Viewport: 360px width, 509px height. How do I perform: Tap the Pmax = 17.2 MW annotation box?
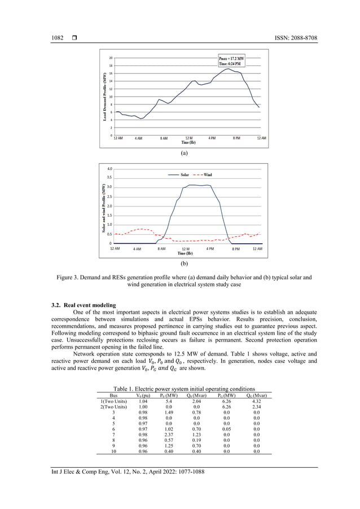pyautogui.click(x=231, y=62)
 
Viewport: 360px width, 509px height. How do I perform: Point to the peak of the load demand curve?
pyautogui.click(x=227, y=69)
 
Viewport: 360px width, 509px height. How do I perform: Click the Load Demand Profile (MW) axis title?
pyautogui.click(x=105, y=96)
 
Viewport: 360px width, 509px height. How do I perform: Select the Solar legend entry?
pyautogui.click(x=181, y=175)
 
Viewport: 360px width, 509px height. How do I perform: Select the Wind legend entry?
pyautogui.click(x=204, y=175)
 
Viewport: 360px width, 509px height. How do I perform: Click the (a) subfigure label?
pyautogui.click(x=184, y=153)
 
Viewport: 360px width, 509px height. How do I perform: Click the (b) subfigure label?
pyautogui.click(x=184, y=263)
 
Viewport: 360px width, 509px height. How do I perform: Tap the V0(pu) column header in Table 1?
pyautogui.click(x=135, y=396)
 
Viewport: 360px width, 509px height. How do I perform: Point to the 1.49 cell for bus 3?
pyautogui.click(x=168, y=413)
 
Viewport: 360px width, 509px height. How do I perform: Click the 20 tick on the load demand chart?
pyautogui.click(x=111, y=58)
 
